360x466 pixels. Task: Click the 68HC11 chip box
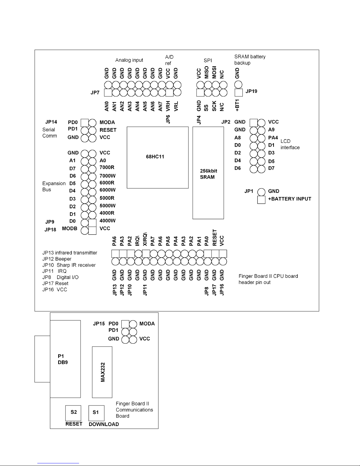[158, 157]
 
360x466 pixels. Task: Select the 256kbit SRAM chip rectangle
[208, 173]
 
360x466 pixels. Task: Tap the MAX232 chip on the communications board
[102, 372]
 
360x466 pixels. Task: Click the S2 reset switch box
[73, 413]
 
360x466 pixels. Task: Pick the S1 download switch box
[96, 413]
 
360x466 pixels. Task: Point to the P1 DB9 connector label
[63, 359]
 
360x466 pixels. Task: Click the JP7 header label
[95, 93]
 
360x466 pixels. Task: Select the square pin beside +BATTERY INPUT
[261, 200]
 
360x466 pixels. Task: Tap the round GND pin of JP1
[261, 192]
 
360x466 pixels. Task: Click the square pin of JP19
[239, 93]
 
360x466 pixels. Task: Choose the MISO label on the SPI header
[206, 73]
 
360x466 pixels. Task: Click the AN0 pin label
[106, 106]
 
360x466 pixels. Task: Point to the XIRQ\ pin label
[145, 239]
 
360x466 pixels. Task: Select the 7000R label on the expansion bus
[107, 167]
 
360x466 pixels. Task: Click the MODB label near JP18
[69, 229]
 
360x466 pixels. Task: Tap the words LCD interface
[290, 144]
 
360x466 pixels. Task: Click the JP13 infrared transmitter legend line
[70, 253]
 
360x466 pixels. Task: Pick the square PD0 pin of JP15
[125, 324]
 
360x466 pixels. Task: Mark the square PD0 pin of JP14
[85, 123]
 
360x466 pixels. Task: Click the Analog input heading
[129, 60]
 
